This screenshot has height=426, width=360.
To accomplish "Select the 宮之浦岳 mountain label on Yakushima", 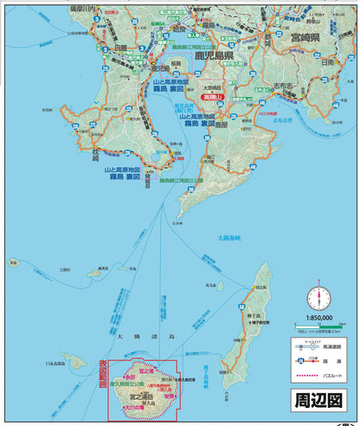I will click(x=144, y=394).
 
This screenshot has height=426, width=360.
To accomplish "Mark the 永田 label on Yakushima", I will click(x=130, y=378).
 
